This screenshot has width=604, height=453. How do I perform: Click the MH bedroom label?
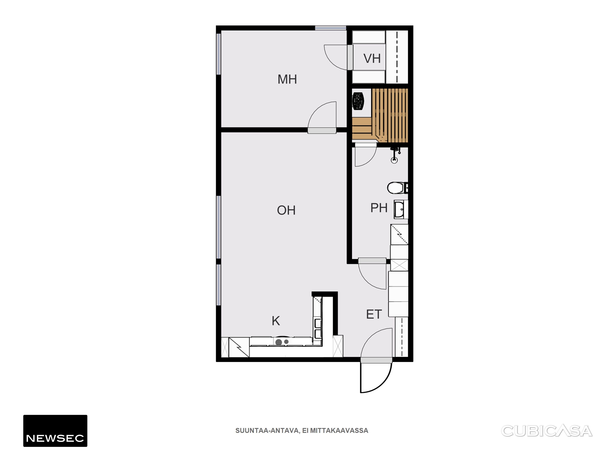(287, 79)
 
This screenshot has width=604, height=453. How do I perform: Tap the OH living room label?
(286, 210)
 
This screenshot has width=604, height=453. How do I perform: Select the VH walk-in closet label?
(372, 58)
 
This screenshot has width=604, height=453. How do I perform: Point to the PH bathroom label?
(379, 208)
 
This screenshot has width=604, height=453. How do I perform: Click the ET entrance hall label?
(374, 315)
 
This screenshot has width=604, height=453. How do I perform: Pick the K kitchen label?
(276, 321)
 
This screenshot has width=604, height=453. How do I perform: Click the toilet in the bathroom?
(397, 188)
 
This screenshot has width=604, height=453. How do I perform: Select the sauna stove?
(358, 101)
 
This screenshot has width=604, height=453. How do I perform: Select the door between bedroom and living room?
(322, 117)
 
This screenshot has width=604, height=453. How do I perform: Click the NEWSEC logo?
(55, 431)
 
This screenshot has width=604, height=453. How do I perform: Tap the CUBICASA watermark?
(547, 431)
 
